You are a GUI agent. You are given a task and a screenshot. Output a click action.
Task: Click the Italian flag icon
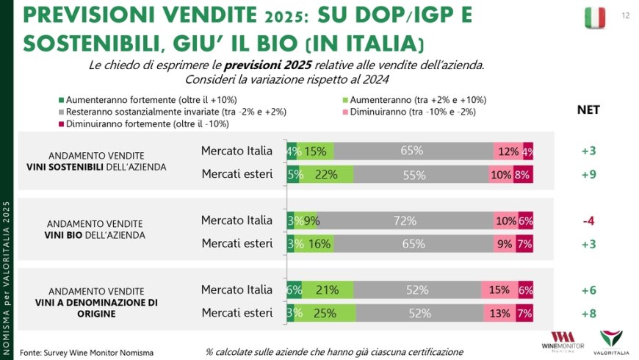point(595,18)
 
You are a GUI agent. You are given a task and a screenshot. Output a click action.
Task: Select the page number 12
point(625,15)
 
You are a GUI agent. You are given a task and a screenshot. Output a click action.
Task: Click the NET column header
point(588,110)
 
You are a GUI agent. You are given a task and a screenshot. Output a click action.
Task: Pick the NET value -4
point(588,220)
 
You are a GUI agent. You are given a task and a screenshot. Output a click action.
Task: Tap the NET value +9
point(588,175)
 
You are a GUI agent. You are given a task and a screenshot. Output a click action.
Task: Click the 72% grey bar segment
point(405,220)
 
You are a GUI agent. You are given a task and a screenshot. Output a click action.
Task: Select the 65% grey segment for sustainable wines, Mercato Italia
point(412,151)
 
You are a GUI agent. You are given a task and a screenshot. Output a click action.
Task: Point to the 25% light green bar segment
point(326,313)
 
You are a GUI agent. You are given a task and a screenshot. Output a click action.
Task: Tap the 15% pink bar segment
point(499,290)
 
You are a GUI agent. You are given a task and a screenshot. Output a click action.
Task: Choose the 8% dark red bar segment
point(523,175)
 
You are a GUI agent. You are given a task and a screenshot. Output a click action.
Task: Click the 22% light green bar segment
point(325,175)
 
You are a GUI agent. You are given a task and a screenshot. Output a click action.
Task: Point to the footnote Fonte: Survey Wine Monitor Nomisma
point(87,353)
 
